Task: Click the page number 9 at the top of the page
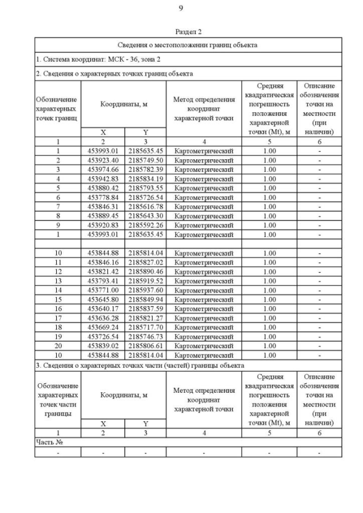[181, 8]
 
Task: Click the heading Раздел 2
[188, 32]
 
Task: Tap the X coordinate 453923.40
[103, 160]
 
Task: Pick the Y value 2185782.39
[145, 169]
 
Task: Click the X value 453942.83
[103, 179]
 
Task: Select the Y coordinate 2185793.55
[145, 188]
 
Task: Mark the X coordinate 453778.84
[103, 197]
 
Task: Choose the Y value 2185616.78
[145, 206]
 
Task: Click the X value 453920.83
[103, 225]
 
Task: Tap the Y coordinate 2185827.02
[145, 262]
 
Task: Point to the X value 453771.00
[103, 290]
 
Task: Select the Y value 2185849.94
[145, 299]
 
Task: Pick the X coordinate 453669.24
[103, 327]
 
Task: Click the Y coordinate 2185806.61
[145, 346]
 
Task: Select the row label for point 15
[58, 299]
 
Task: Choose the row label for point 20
[58, 346]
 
